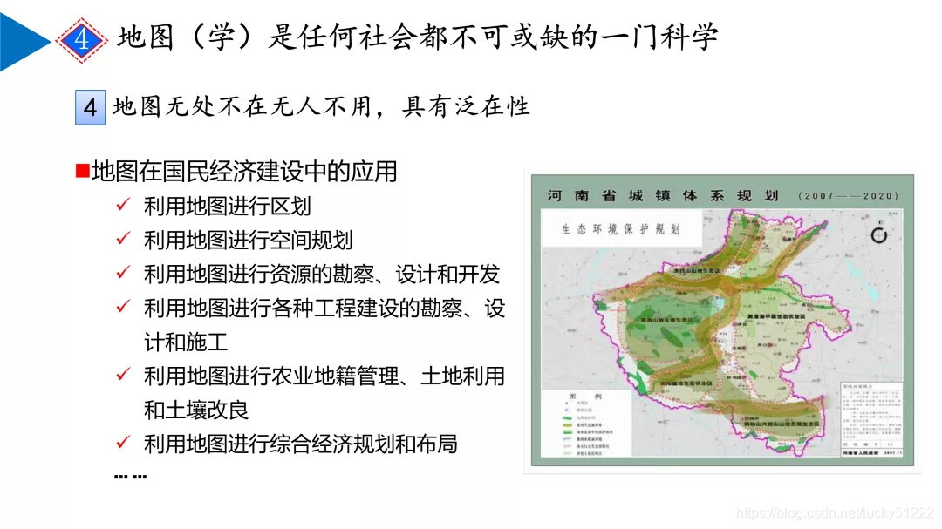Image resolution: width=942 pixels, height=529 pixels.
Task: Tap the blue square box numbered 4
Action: point(90,107)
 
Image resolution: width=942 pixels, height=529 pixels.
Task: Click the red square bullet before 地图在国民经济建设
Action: point(82,171)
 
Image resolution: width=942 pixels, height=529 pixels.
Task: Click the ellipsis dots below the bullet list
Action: point(130,476)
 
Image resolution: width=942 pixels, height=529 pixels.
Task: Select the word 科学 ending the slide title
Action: point(693,37)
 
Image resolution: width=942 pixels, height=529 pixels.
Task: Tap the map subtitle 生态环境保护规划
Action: point(620,229)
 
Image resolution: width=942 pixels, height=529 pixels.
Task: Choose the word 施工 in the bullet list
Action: point(210,342)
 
